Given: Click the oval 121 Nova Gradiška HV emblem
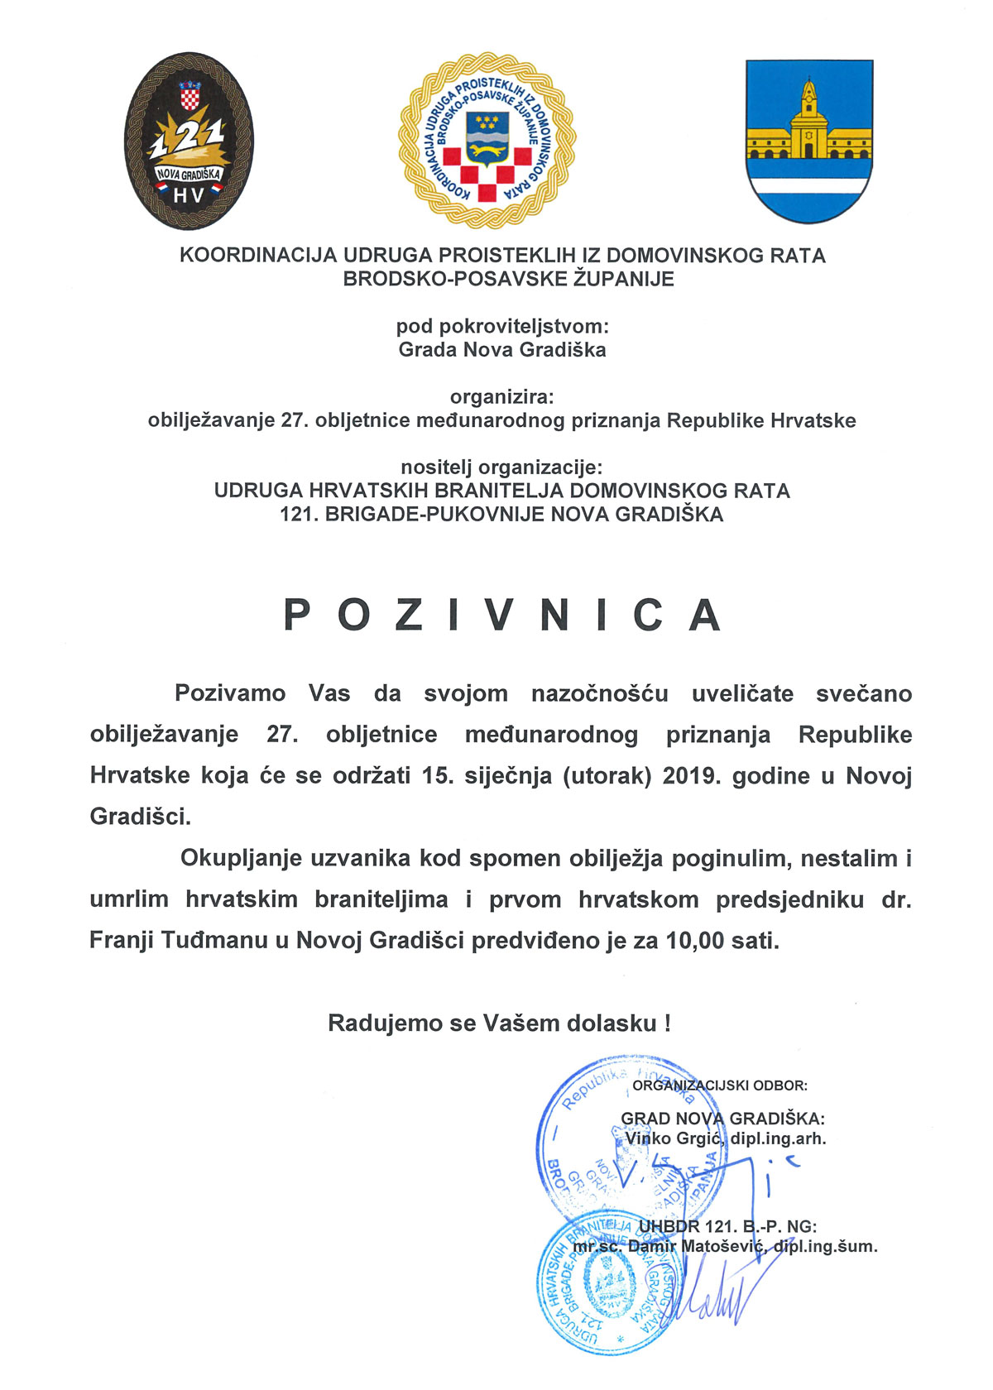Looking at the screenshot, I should coord(189,142).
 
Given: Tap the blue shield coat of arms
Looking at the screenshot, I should coord(809,141).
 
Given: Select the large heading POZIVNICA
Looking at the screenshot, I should coord(502,615).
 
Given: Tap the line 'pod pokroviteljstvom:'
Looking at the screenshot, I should coord(502,326).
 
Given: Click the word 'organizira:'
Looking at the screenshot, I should coord(502,396).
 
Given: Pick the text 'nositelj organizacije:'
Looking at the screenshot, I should coord(502,467).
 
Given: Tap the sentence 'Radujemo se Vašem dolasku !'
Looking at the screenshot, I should coord(499,1023).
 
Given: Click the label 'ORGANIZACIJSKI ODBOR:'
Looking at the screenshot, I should coord(720,1086).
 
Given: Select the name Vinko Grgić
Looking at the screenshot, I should coord(674,1138).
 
